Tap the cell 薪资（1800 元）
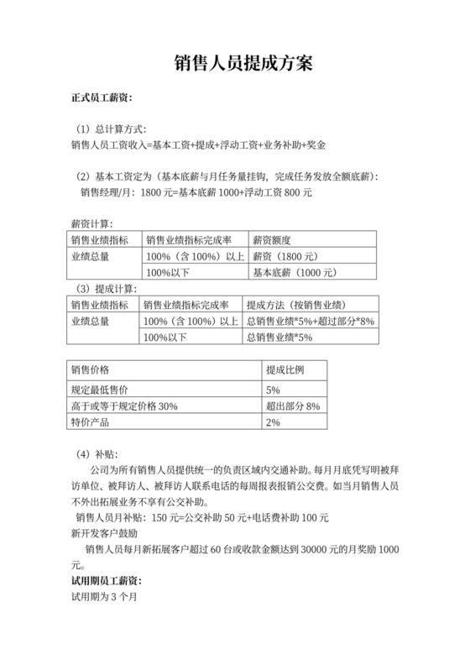286,256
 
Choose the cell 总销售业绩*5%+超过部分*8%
309,321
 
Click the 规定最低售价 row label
100,390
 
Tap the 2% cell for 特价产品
273,422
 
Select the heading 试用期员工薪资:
107,581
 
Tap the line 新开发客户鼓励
105,533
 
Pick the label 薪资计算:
91,223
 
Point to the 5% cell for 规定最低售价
273,390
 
